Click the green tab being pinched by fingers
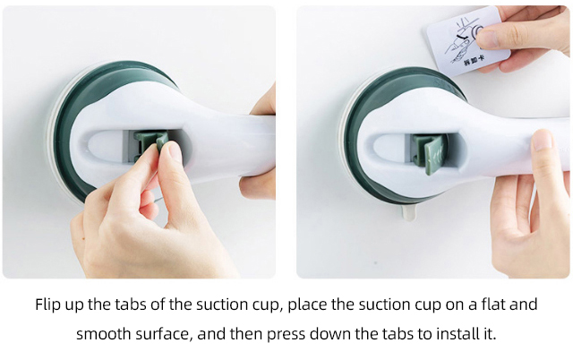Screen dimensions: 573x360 coord(151,145)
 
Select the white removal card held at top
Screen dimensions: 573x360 coord(468,42)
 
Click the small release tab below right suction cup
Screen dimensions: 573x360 coord(409,212)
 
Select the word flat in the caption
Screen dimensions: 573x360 coord(487,304)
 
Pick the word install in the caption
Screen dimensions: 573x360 coord(456,333)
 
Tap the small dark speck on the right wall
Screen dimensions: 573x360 coord(376,262)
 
